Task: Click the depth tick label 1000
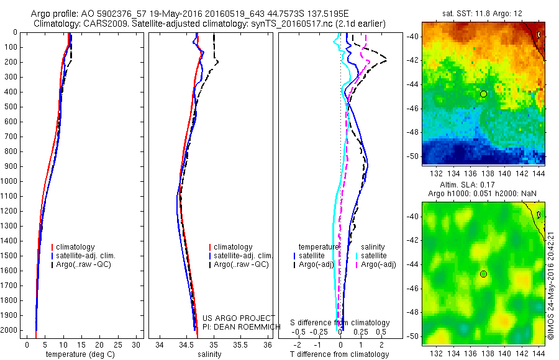[x=10, y=181]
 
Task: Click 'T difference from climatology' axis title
[x=340, y=354]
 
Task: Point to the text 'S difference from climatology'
[x=340, y=323]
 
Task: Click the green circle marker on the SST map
[x=484, y=94]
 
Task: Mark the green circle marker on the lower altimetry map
[x=484, y=274]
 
